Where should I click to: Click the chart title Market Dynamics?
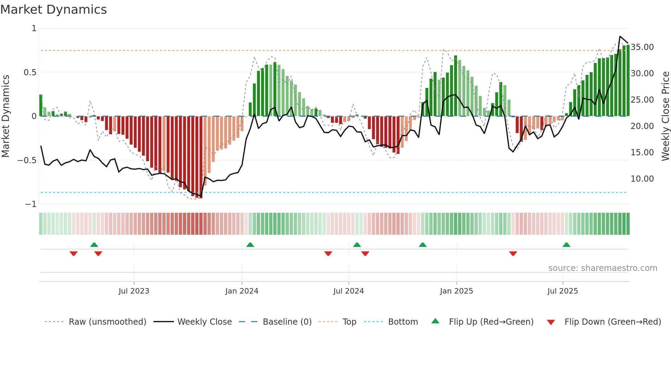tap(53, 10)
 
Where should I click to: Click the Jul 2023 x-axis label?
tap(134, 291)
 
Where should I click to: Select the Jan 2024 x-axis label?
tap(242, 291)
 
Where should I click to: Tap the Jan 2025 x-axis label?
tap(456, 291)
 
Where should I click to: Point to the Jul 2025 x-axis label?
tap(562, 291)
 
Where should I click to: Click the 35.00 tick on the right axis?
tap(642, 47)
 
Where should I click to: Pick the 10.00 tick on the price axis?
tap(642, 179)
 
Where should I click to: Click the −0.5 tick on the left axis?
tap(27, 160)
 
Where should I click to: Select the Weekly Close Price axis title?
tap(665, 116)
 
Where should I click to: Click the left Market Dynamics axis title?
tap(5, 116)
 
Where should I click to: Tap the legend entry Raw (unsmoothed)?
tap(107, 322)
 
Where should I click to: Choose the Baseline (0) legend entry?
tap(287, 322)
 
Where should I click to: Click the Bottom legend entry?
tap(403, 322)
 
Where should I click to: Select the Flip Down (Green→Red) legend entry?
tap(612, 322)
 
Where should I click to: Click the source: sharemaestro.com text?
tap(603, 268)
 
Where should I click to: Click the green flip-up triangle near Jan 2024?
tap(250, 245)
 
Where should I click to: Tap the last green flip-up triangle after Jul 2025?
tap(566, 245)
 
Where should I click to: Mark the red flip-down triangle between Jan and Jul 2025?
tap(513, 253)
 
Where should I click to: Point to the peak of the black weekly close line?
tap(620, 36)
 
